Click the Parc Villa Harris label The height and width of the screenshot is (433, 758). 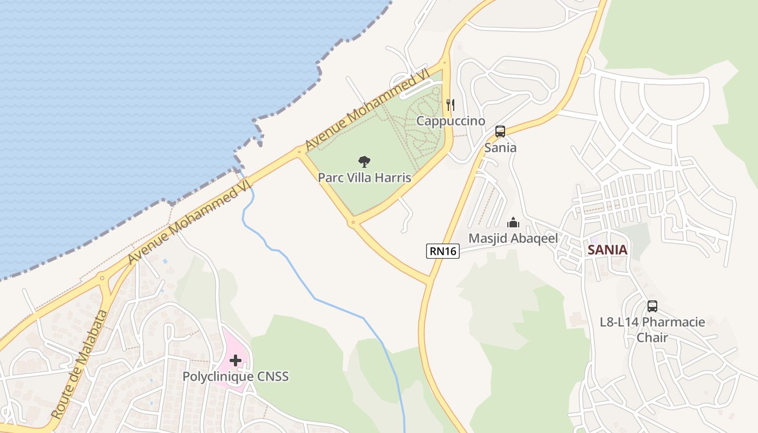click(x=364, y=178)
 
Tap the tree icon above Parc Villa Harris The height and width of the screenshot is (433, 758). click(x=364, y=161)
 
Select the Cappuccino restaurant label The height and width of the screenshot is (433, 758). click(x=450, y=121)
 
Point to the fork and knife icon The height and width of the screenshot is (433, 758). click(x=450, y=104)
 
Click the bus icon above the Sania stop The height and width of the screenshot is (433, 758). click(x=500, y=132)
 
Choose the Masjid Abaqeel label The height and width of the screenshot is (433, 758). click(x=513, y=238)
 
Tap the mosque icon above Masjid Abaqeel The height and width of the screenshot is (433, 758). click(x=513, y=222)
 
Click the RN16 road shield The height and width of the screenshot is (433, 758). click(x=442, y=251)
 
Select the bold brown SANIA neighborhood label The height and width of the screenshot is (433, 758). click(x=607, y=250)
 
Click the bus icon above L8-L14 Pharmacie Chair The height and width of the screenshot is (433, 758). click(x=652, y=306)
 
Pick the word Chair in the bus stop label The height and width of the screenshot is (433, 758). click(x=652, y=337)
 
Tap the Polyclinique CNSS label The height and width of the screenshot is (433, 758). click(x=236, y=376)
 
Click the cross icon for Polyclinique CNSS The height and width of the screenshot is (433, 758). click(x=236, y=360)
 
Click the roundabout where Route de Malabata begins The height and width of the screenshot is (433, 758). click(x=102, y=278)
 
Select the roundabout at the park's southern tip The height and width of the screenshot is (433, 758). click(x=353, y=222)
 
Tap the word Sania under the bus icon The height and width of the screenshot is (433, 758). click(x=500, y=147)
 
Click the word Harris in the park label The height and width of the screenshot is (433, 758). click(x=394, y=178)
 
